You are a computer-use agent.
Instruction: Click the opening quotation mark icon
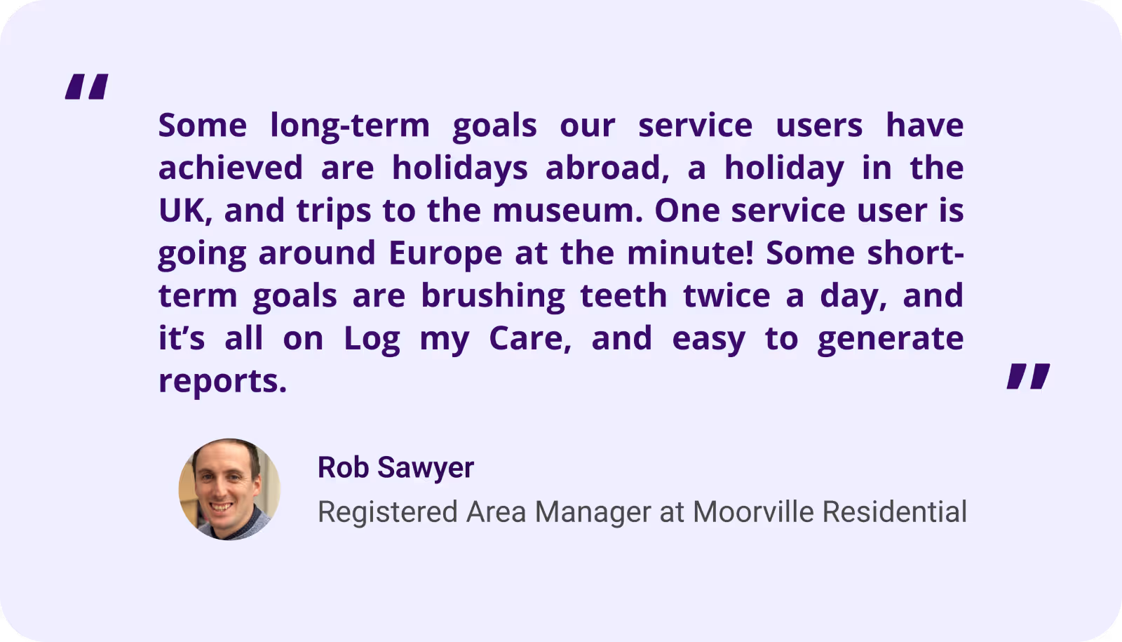87,87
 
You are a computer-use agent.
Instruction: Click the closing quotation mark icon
1028,376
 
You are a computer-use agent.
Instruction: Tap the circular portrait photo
229,489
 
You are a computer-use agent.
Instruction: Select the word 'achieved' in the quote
231,168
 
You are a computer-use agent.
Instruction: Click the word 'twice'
726,295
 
